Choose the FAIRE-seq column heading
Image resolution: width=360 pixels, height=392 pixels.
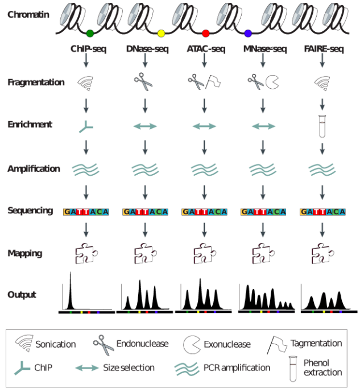322,49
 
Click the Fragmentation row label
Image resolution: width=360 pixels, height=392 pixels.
36,82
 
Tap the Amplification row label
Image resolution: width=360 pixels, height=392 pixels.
34,168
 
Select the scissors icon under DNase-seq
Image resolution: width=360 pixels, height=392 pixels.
144,83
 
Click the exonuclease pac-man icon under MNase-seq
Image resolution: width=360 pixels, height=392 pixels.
272,83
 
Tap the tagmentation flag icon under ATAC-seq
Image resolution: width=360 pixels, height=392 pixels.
214,82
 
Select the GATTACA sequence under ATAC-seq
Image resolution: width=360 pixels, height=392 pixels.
204,212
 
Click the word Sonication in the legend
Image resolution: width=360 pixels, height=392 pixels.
55,344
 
